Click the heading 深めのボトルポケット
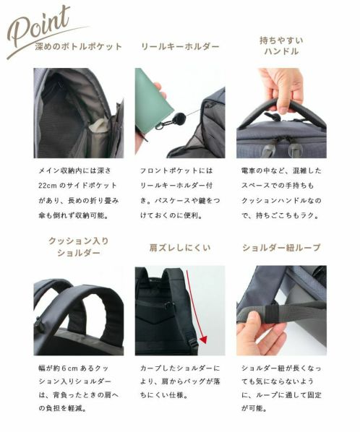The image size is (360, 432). click(79, 46)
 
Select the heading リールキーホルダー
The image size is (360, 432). click(180, 46)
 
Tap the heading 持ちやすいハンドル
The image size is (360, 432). click(281, 46)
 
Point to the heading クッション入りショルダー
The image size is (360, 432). click(79, 246)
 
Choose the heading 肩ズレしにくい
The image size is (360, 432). click(180, 248)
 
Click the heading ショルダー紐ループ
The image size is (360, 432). click(281, 248)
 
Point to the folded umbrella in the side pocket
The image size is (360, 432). click(99, 128)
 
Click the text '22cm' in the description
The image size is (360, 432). click(48, 186)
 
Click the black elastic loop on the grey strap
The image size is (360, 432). click(271, 314)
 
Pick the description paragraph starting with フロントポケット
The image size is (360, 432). click(180, 193)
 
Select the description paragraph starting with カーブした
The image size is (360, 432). click(180, 381)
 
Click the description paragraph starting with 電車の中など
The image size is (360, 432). click(281, 193)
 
